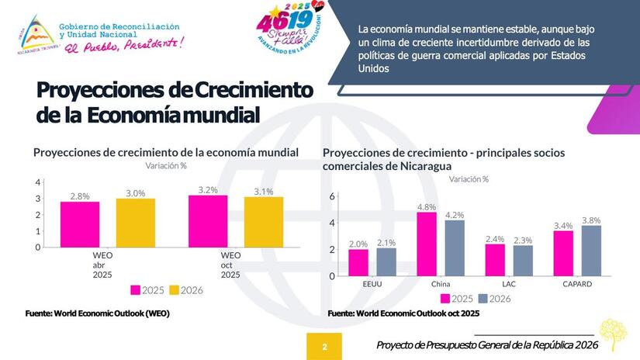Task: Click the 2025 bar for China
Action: click(427, 244)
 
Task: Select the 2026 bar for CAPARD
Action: click(591, 250)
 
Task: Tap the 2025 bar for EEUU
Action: click(358, 261)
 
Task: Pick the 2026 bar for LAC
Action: click(523, 260)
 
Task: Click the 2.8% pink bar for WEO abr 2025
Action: click(80, 224)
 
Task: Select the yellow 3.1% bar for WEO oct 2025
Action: click(264, 222)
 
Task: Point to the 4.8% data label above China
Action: click(427, 206)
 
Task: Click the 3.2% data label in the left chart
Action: click(208, 189)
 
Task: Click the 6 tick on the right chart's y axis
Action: click(331, 196)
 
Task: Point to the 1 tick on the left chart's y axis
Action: click(38, 231)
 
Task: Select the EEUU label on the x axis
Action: click(372, 284)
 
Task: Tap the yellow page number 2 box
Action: click(324, 346)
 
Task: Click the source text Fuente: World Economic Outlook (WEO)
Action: click(98, 313)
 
